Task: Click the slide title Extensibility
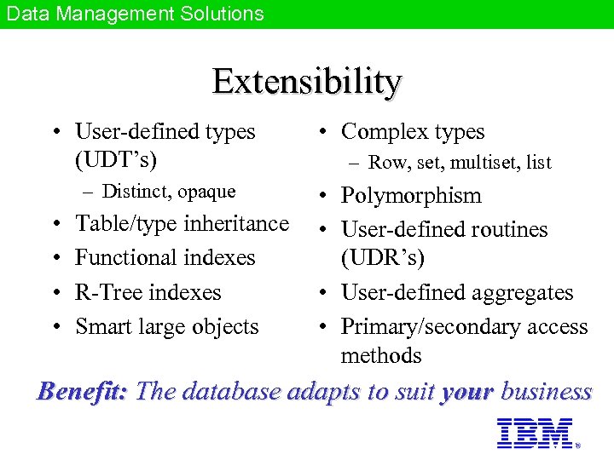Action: click(x=307, y=82)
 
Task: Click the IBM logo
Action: click(x=535, y=433)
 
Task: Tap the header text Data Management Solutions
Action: click(x=134, y=14)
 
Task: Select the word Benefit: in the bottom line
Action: click(x=83, y=391)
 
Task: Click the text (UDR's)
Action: click(x=382, y=257)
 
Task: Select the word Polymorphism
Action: click(x=411, y=196)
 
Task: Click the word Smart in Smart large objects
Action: click(x=101, y=326)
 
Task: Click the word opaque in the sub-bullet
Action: click(x=206, y=192)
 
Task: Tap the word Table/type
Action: click(x=123, y=223)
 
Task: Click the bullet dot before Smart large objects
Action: click(x=56, y=327)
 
